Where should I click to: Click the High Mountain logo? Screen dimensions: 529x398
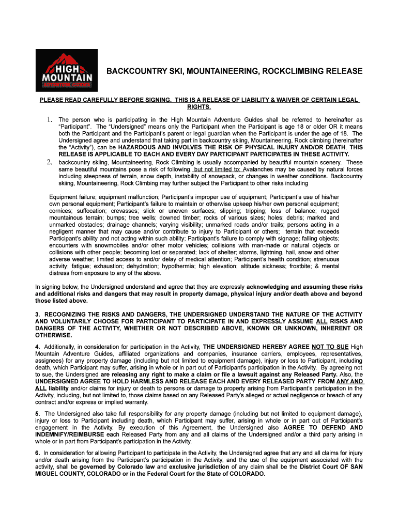(x=66, y=70)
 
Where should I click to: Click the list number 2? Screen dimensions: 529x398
(x=51, y=162)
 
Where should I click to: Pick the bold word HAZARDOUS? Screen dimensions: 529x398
(x=132, y=147)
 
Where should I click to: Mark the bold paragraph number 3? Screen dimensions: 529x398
(x=38, y=314)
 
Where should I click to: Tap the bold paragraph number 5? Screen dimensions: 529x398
(x=38, y=414)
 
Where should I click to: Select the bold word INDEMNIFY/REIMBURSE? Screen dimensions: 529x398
(x=70, y=434)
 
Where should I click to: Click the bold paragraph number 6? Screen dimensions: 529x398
(x=38, y=453)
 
